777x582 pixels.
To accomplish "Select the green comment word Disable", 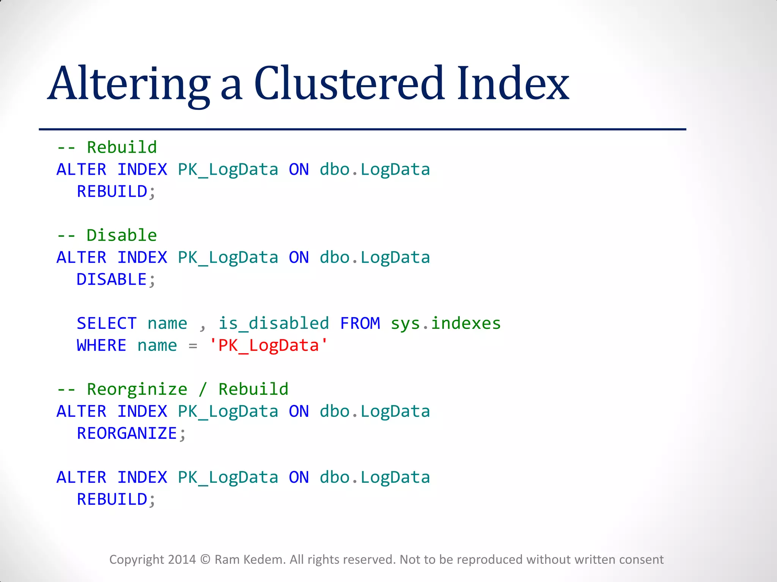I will coord(121,235).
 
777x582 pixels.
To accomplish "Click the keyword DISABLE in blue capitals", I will coord(112,280).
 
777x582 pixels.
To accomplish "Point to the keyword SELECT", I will coord(107,324).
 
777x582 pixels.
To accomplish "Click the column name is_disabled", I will coord(274,324).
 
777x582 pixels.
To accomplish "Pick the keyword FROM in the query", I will coord(360,324).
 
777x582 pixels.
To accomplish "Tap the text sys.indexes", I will coord(446,324).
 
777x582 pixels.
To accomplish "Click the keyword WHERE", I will coord(101,346).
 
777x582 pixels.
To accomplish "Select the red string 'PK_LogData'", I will coord(268,346).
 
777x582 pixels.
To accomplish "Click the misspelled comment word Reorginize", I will coord(137,390).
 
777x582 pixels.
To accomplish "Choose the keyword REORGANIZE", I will coord(127,433).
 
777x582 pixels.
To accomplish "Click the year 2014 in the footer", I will coord(182,560).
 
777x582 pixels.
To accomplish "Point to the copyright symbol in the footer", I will coord(205,560).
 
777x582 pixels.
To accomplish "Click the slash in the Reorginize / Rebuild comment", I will coord(203,390).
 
